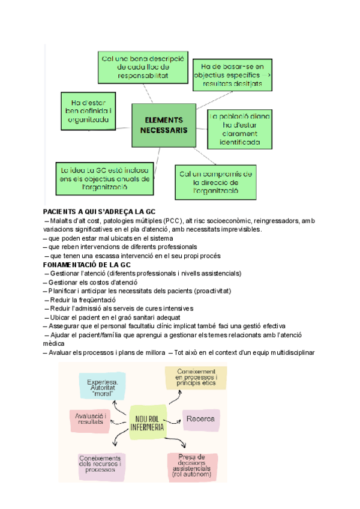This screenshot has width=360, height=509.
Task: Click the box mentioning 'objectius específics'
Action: (232, 76)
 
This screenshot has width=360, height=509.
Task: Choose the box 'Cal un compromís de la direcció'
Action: (216, 182)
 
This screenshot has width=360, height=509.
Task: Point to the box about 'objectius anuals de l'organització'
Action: (103, 178)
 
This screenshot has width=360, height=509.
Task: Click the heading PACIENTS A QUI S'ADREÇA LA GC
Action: (99, 212)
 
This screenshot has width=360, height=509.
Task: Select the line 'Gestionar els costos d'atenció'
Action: (91, 282)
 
